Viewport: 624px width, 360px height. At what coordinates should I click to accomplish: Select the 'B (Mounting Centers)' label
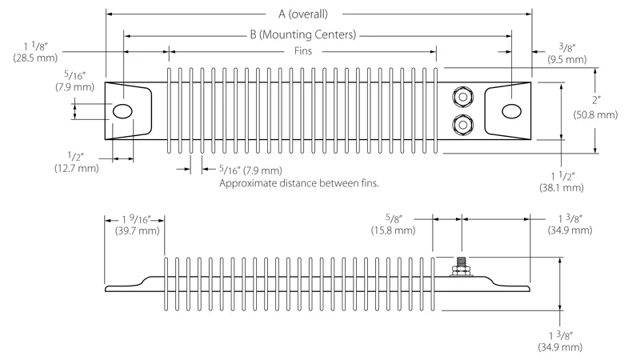tap(302, 34)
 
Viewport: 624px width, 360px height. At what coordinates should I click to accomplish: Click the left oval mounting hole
tap(123, 110)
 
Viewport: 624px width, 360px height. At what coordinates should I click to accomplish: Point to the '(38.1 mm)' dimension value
tap(562, 187)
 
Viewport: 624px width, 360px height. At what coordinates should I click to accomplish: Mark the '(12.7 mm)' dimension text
tap(77, 168)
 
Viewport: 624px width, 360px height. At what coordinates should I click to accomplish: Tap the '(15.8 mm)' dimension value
tap(393, 230)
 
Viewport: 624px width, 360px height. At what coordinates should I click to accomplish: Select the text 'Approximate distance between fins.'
tap(298, 183)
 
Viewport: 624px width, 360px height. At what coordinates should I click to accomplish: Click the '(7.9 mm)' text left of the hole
tap(38, 86)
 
